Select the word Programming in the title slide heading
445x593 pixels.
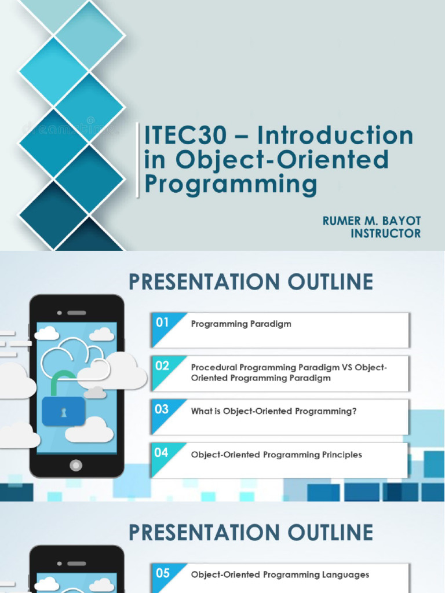coord(231,185)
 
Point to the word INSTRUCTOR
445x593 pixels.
coord(386,233)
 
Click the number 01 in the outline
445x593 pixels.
coord(162,323)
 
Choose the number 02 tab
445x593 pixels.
coord(162,366)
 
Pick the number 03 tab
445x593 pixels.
coord(162,409)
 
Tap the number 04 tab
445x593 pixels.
coord(162,453)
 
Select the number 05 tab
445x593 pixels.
coord(163,573)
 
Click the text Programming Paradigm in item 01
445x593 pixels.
coord(241,324)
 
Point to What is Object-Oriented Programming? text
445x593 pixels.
coord(273,411)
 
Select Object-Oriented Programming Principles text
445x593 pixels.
coord(276,455)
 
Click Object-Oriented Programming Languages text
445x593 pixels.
coord(280,575)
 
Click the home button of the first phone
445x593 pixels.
coord(76,465)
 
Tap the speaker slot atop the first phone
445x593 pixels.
coord(76,313)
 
